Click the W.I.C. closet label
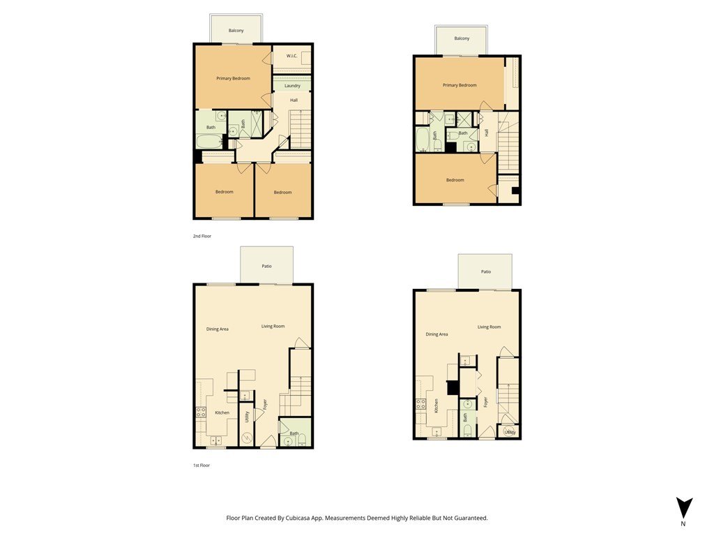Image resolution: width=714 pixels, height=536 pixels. (292, 56)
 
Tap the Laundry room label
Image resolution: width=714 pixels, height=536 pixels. (292, 86)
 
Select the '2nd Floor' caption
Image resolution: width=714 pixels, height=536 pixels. (202, 236)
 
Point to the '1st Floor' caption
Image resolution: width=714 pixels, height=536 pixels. (202, 466)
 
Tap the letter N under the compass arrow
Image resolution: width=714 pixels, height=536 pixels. (683, 523)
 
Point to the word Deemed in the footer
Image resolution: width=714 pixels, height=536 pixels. (377, 518)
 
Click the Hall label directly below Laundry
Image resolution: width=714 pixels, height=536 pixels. (294, 100)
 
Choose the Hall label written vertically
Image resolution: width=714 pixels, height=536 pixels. (486, 133)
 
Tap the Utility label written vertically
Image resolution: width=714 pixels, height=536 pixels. (248, 417)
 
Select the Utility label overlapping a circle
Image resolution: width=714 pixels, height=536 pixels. (510, 432)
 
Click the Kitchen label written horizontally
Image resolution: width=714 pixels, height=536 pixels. (222, 412)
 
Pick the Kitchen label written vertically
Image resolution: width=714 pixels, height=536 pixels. (436, 405)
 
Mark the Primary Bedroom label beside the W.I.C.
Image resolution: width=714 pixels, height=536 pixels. (233, 78)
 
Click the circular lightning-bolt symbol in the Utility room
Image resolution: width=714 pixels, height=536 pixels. (247, 438)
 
